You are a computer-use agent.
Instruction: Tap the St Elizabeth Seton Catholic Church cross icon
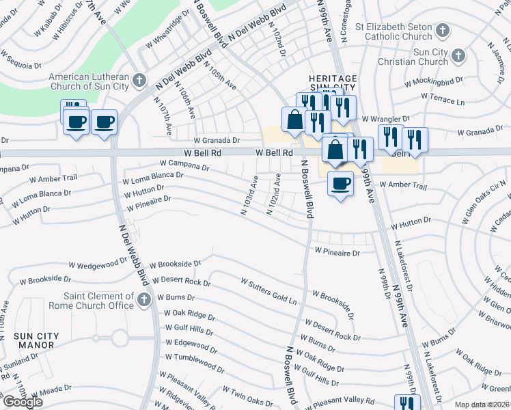443,30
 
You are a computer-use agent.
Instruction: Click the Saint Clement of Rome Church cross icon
143,300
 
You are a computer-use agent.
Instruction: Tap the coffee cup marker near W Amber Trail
340,182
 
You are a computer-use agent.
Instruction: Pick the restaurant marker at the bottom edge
406,403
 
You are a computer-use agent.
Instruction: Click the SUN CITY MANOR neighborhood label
38,340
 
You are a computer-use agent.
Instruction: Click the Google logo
23,402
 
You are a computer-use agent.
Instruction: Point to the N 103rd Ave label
249,195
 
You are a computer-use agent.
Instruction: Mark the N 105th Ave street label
220,75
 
